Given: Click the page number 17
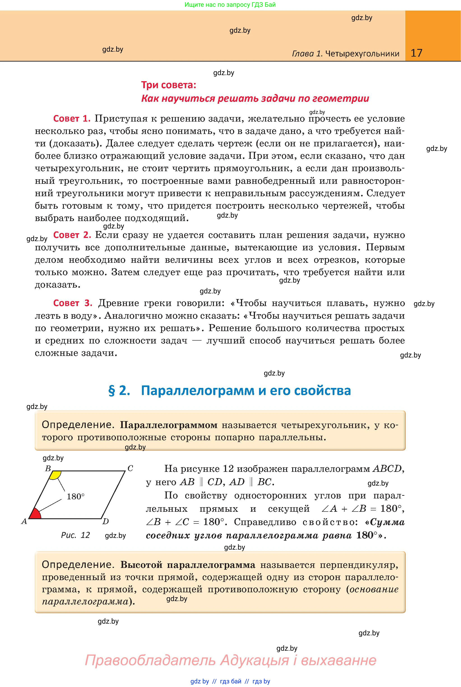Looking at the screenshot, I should [x=416, y=53].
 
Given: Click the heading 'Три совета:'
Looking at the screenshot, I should [x=169, y=85].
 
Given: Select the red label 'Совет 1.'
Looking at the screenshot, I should [x=72, y=119].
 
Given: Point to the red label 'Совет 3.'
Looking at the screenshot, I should [x=73, y=303].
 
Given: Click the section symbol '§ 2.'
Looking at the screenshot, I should [x=119, y=391].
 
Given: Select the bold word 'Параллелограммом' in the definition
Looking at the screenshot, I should [x=169, y=425].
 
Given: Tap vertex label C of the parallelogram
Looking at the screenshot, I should [x=130, y=468].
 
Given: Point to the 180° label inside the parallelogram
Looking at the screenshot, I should [x=76, y=497].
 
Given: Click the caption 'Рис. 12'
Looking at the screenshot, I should [x=75, y=535].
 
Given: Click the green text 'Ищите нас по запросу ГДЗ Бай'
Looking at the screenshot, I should [x=230, y=5].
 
